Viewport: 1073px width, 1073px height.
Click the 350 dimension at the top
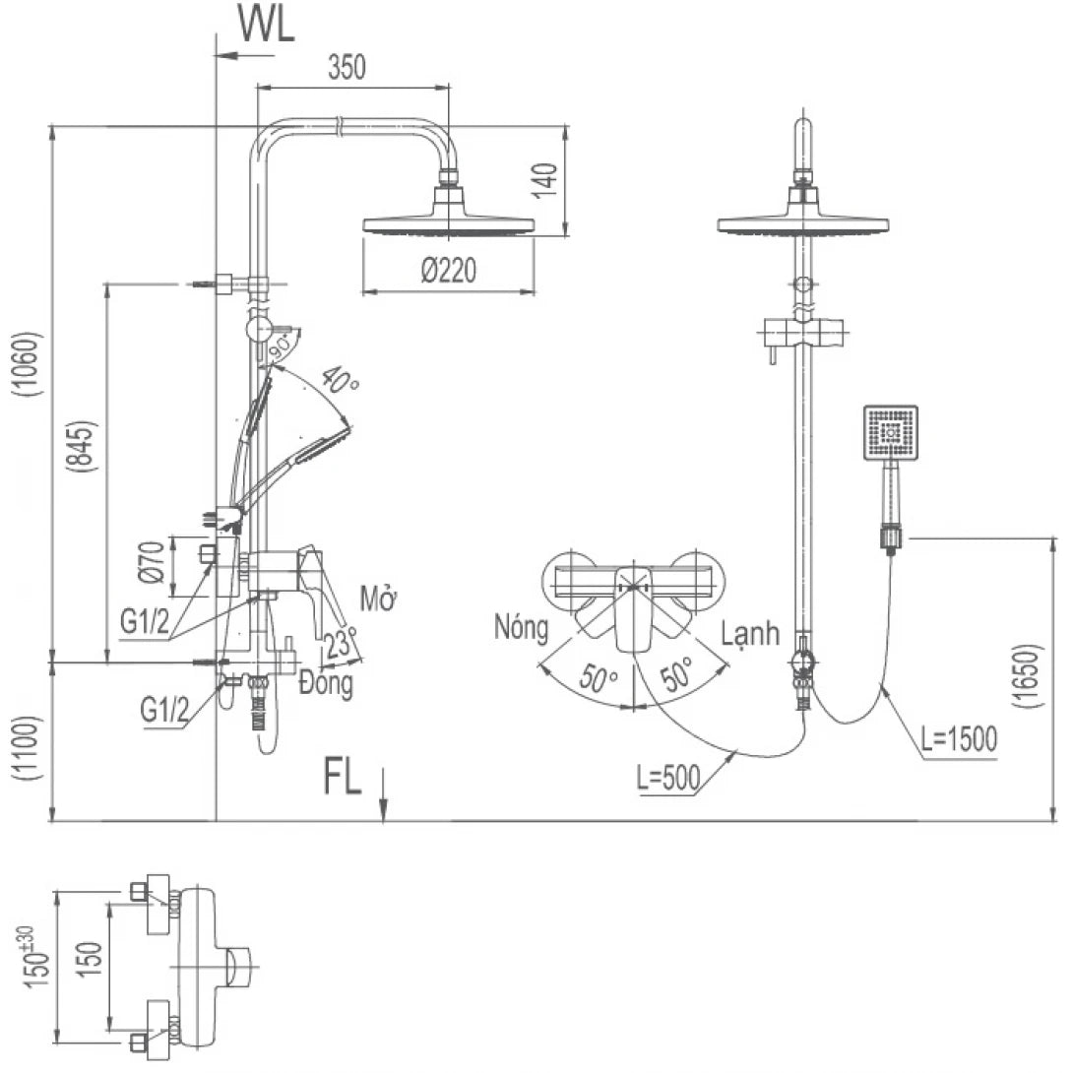pos(347,67)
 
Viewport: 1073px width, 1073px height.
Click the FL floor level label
pos(344,779)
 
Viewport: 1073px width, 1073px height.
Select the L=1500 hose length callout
pos(960,738)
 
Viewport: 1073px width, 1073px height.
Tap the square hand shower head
pos(891,432)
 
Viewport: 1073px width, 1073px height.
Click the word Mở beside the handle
pos(377,598)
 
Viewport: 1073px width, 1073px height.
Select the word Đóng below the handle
pos(326,683)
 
